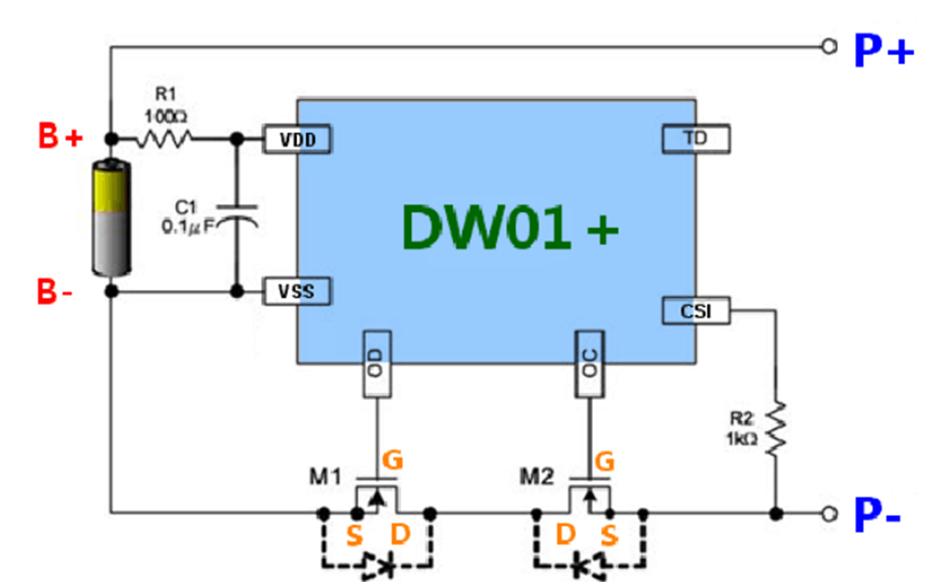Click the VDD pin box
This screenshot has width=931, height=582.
tap(297, 139)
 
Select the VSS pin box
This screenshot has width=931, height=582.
tap(297, 291)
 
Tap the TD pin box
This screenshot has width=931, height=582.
tap(695, 139)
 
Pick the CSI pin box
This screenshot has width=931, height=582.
tap(695, 311)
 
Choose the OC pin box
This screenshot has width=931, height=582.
tap(590, 364)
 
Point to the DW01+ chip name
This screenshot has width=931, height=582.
tap(510, 226)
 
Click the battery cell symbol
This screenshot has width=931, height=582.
tap(112, 218)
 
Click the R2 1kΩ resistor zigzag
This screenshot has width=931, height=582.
tap(776, 430)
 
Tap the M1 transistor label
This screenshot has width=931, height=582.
tap(326, 476)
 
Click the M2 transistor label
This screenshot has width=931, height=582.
tap(537, 476)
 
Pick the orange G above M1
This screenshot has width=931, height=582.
tap(392, 459)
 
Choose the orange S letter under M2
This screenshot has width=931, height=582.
tap(610, 537)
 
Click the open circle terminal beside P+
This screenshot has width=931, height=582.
tap(829, 47)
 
